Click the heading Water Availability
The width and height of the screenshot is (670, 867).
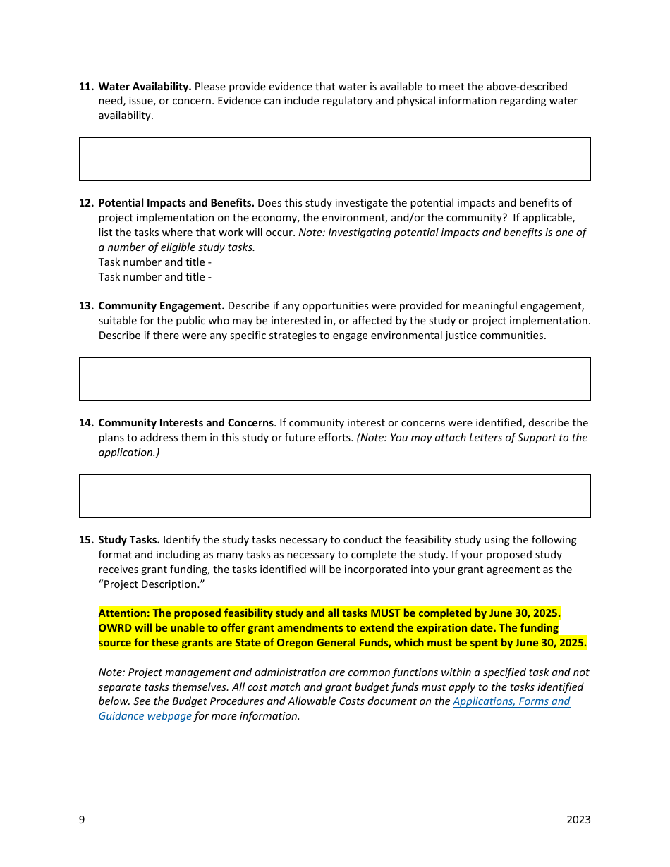click(145, 87)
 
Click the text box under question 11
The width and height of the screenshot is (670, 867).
click(334, 159)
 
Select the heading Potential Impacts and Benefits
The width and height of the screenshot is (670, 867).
click(176, 203)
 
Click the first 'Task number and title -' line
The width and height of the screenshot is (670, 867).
click(154, 262)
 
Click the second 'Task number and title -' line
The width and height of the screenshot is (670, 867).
click(154, 277)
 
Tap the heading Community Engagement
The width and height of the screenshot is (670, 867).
click(161, 306)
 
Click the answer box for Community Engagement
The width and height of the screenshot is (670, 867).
click(334, 379)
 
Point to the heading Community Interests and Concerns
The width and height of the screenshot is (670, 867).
click(185, 423)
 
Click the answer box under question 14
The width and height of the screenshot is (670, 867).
click(334, 496)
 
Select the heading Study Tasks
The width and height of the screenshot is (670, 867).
click(129, 540)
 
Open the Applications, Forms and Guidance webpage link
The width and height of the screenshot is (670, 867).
click(511, 701)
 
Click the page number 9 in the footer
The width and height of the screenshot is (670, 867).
click(82, 820)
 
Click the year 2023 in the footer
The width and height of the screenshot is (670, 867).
click(578, 820)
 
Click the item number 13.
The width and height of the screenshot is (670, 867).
click(86, 306)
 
